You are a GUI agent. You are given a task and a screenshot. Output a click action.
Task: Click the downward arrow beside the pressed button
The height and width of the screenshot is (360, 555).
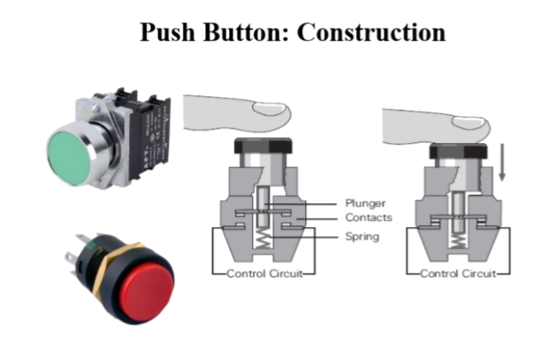pyautogui.click(x=503, y=164)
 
